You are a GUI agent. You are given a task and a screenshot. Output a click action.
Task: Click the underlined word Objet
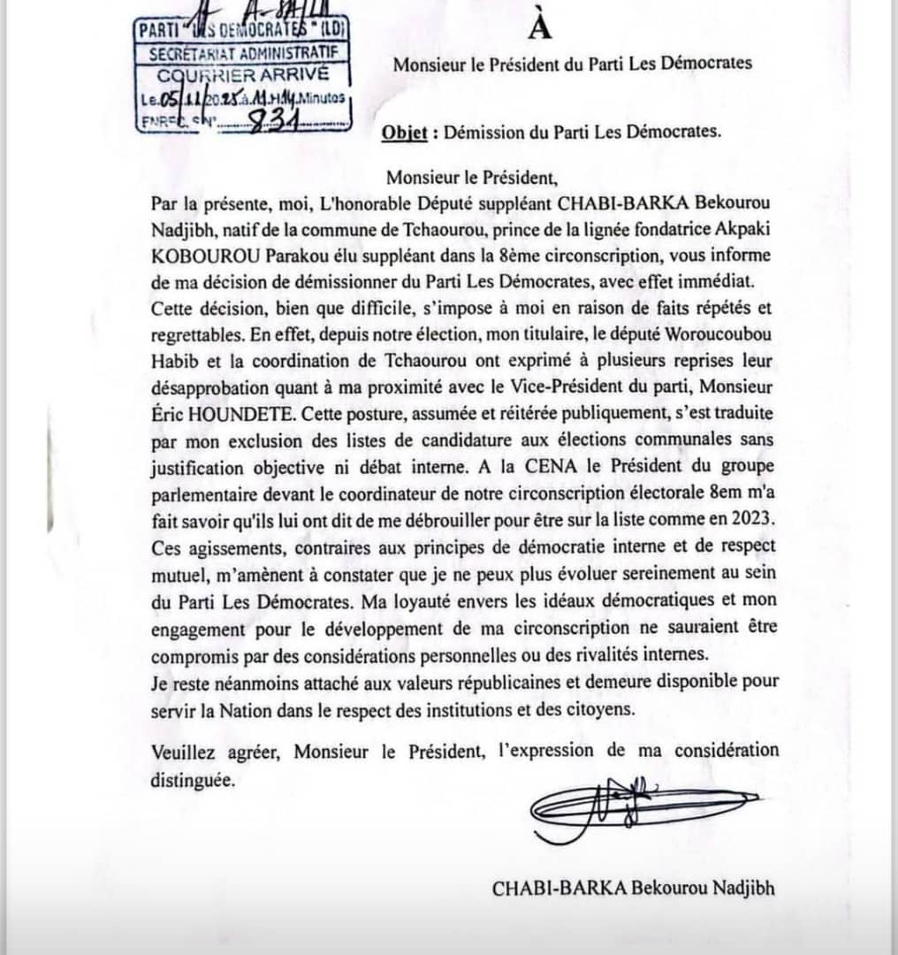click(x=405, y=133)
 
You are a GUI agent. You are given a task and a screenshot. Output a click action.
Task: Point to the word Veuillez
click(x=182, y=753)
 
